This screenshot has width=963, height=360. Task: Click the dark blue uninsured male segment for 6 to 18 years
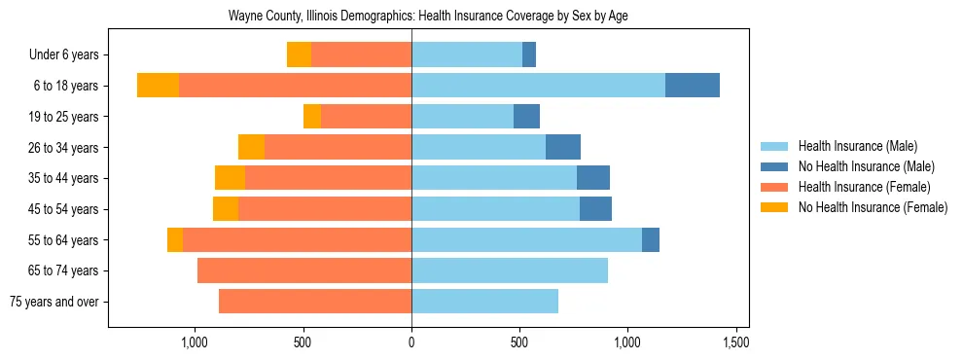(693, 86)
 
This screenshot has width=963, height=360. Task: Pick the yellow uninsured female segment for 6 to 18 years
(158, 86)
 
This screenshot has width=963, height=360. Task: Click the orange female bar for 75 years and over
(315, 302)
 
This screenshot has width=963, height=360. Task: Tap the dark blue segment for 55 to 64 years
(651, 239)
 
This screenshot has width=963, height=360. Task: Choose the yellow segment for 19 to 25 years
(312, 117)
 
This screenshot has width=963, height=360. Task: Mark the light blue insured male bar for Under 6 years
(467, 54)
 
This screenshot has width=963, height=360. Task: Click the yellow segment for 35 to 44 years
(230, 178)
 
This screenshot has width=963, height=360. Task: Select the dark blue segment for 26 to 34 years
(563, 147)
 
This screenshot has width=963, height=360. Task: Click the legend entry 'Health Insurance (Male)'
(857, 146)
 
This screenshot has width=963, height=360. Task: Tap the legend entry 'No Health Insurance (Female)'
(873, 207)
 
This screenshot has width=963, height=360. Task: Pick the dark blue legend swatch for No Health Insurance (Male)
(774, 166)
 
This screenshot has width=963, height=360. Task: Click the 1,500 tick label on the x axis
(735, 342)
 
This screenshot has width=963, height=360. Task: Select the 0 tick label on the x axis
(411, 342)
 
